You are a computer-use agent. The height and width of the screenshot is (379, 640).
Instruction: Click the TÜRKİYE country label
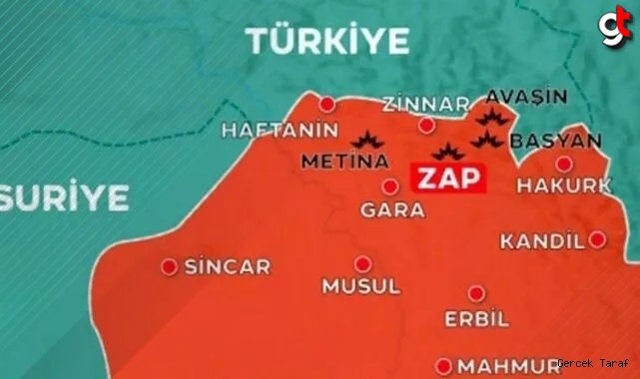(328, 41)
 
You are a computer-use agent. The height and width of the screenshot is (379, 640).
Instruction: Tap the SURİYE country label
(64, 196)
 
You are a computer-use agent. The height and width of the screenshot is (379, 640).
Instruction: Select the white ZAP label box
(446, 179)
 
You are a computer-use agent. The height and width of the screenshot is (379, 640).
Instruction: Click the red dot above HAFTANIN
(326, 103)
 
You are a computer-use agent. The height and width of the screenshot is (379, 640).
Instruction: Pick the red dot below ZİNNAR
(426, 125)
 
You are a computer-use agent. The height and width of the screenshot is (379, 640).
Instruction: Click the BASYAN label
(555, 141)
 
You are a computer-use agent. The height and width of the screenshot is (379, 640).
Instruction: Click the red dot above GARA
(391, 187)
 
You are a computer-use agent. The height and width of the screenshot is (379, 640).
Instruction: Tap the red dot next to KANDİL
(596, 239)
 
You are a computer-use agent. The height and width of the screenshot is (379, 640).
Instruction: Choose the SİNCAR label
(228, 267)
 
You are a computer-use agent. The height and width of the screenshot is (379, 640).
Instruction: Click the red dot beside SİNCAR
(170, 266)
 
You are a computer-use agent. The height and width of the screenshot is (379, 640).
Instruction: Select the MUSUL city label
(360, 286)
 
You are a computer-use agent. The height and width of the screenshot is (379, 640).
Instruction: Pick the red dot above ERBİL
(476, 293)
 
